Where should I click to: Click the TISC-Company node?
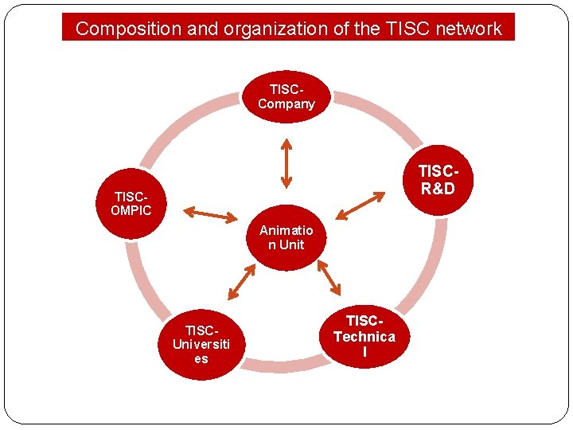tap(286, 96)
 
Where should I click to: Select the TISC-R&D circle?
tap(438, 181)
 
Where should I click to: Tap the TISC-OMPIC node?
tap(131, 203)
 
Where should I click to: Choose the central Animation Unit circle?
tap(286, 237)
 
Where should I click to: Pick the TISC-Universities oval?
tap(201, 344)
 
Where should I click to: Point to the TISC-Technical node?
tap(364, 336)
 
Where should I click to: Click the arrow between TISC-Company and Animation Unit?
tap(286, 164)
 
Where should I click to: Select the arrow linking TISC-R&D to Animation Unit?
tap(361, 205)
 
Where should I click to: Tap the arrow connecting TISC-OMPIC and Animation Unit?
tap(211, 214)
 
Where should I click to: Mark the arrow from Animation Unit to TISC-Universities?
tap(242, 282)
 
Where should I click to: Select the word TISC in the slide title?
tap(406, 29)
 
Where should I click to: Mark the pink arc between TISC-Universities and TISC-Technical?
tap(284, 365)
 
